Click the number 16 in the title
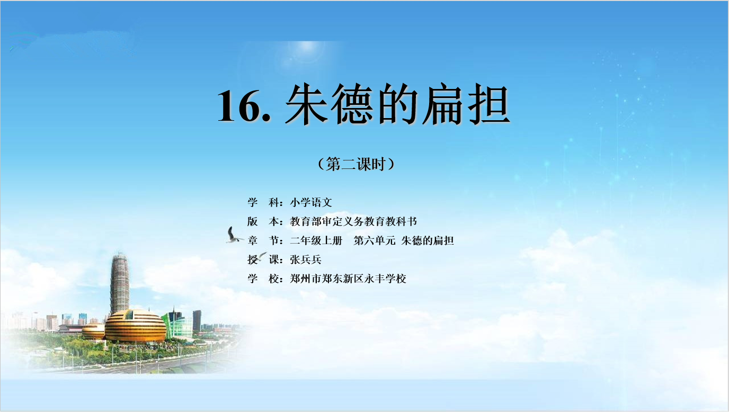240,106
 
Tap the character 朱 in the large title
306,104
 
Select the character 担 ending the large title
489,104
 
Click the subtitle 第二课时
356,164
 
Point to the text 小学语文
311,202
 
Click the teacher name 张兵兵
306,259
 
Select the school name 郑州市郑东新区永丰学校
348,279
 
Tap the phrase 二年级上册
316,240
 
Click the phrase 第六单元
375,240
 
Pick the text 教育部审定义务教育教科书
353,221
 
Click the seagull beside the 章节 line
234,236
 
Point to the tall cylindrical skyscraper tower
119,283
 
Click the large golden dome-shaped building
136,326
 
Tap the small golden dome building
93,331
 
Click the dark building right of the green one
197,320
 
